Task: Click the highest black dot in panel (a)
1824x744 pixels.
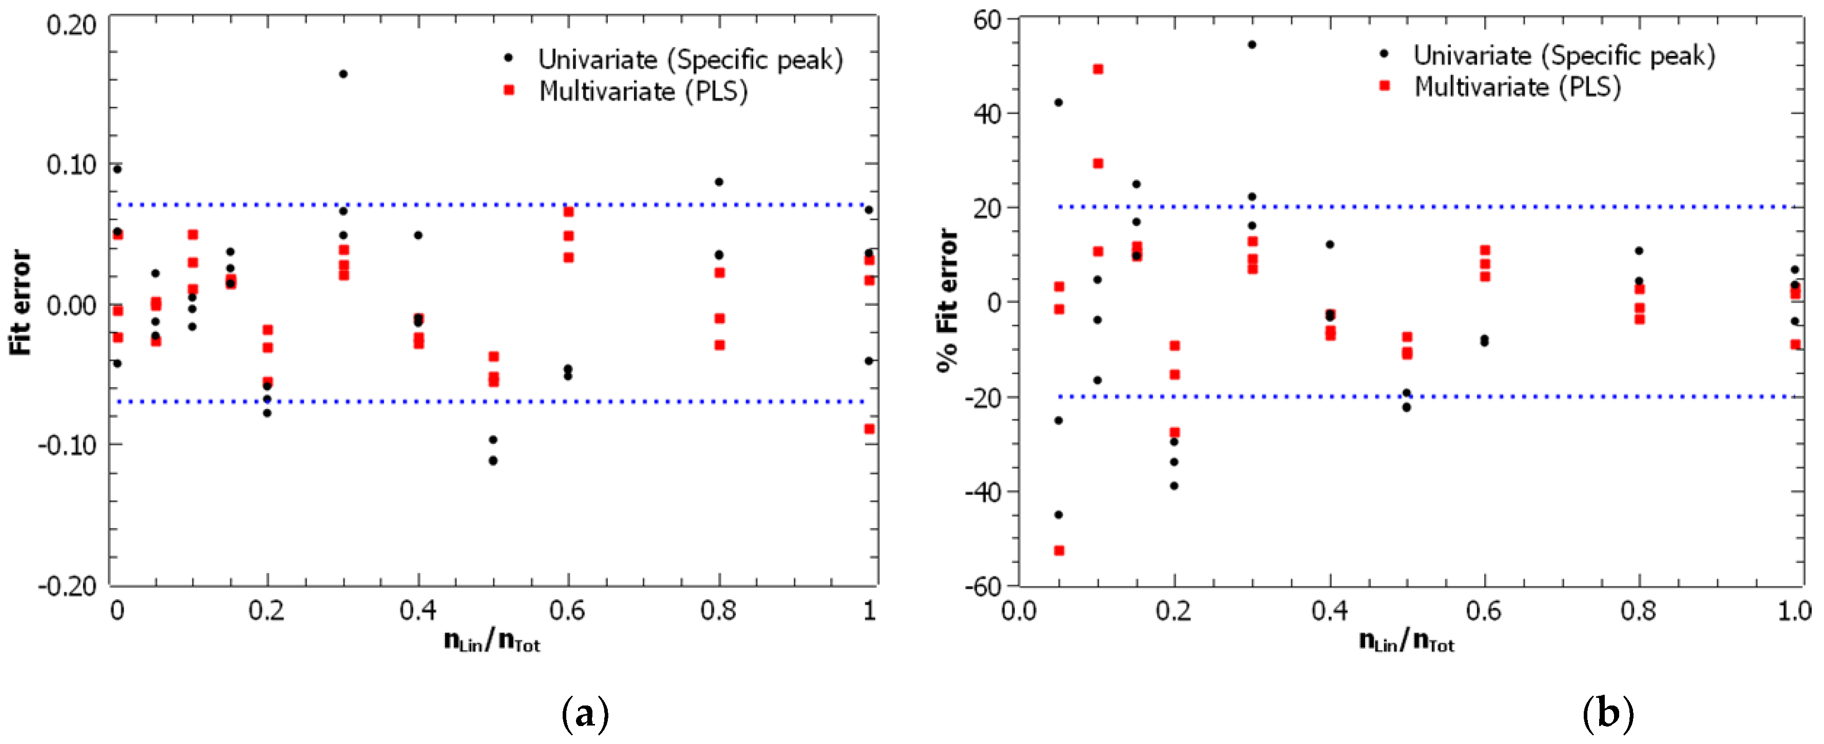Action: click(343, 73)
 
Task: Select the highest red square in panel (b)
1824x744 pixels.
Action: click(1098, 69)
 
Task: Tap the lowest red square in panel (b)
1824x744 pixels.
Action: click(1059, 551)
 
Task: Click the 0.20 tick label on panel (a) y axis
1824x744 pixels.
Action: click(71, 25)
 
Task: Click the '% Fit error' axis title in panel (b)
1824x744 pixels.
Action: click(947, 300)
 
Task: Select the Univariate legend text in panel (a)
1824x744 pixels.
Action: click(690, 60)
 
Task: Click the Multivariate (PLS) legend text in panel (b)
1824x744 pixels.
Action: click(1518, 87)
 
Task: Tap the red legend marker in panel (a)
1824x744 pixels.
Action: click(508, 90)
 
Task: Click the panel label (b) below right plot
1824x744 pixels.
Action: click(1608, 714)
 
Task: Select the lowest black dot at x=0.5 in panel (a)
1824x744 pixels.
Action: click(493, 461)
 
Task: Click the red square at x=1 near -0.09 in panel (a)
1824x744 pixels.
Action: click(869, 429)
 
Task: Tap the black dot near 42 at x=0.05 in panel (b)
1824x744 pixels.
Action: click(1059, 103)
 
